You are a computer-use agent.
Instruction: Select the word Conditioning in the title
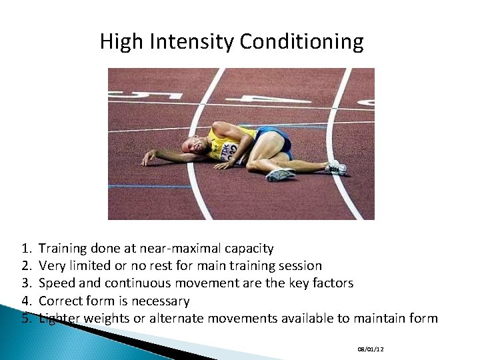point(301,42)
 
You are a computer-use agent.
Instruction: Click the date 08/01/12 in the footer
point(371,349)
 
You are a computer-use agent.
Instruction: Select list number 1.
point(26,249)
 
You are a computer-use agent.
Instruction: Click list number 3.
point(26,283)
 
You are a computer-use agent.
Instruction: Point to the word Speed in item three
point(57,283)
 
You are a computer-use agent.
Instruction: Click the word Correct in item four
point(61,301)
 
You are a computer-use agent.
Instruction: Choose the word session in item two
point(298,266)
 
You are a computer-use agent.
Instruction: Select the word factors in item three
point(330,283)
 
